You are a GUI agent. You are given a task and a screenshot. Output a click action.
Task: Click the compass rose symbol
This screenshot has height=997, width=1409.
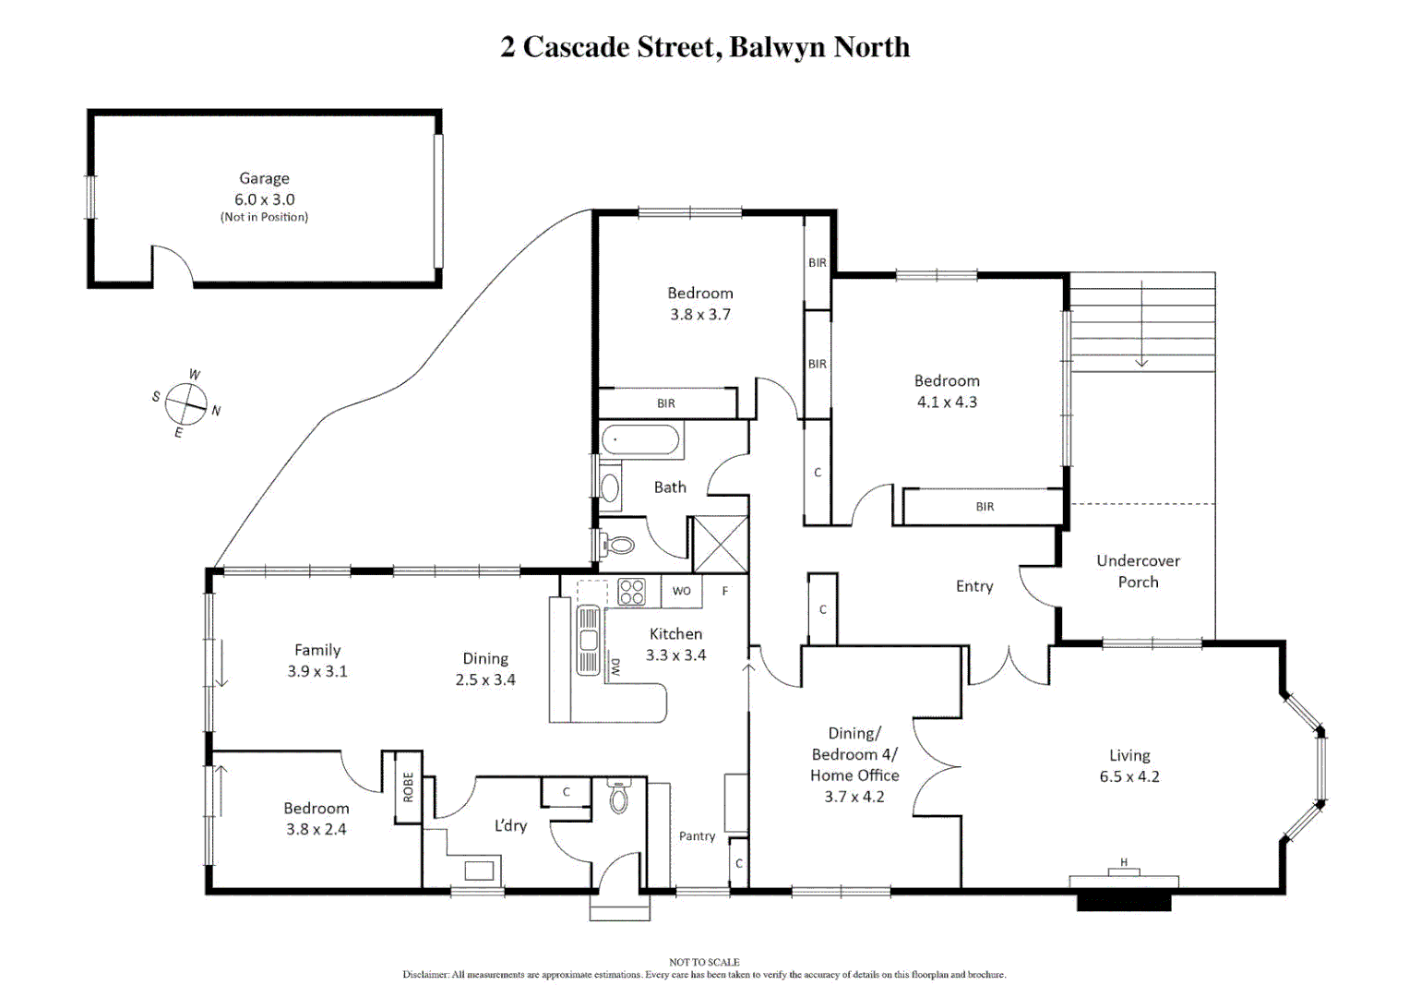[186, 402]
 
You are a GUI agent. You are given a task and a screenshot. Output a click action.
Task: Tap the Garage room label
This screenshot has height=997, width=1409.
[264, 179]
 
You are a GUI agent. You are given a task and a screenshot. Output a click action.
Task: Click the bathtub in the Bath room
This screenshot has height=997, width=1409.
[641, 440]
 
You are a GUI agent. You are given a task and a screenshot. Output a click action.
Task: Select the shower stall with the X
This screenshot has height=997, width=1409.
[720, 544]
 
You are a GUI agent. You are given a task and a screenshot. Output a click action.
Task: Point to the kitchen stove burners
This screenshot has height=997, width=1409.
[631, 592]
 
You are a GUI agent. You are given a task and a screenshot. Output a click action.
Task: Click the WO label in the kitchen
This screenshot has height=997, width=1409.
[681, 591]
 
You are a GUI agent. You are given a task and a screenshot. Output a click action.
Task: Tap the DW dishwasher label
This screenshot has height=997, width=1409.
[615, 667]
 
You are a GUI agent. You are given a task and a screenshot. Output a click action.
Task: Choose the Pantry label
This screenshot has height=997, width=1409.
[697, 835]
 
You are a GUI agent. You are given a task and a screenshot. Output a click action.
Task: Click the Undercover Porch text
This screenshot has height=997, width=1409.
[1138, 571]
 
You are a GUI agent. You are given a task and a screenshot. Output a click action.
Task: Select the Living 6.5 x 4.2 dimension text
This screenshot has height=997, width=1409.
[1129, 776]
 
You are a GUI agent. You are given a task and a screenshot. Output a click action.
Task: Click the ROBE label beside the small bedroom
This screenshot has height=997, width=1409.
[408, 787]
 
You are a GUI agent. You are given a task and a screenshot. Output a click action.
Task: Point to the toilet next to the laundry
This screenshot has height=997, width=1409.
[619, 797]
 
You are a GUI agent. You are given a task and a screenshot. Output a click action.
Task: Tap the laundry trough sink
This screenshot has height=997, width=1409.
[479, 870]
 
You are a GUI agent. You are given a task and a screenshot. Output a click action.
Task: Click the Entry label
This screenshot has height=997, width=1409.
[974, 586]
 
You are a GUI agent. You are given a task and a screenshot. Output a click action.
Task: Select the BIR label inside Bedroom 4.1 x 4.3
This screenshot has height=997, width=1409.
[985, 507]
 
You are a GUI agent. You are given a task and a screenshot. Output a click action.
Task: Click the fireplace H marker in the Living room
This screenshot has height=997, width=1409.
[1124, 862]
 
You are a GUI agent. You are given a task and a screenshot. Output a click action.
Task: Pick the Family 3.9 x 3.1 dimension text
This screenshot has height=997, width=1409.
[317, 671]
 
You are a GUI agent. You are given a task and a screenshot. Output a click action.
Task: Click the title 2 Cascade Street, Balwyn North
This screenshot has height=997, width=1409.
[705, 47]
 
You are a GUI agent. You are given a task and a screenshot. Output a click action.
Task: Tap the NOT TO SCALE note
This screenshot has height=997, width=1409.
[704, 962]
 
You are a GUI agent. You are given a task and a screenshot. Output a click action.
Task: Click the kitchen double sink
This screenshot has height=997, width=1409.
[588, 640]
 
